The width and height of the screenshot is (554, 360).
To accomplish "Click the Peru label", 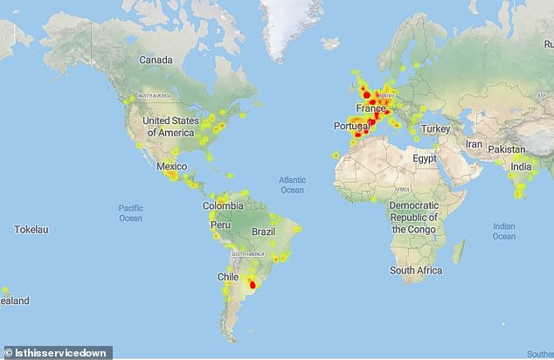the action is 219,225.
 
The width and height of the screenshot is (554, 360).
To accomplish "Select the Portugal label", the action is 350,127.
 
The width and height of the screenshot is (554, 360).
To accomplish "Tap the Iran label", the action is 473,143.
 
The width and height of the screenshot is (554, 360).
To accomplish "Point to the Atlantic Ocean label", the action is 292,184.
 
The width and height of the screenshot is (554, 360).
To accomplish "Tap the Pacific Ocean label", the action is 130,212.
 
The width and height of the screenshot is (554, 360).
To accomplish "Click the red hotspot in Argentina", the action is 253,283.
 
